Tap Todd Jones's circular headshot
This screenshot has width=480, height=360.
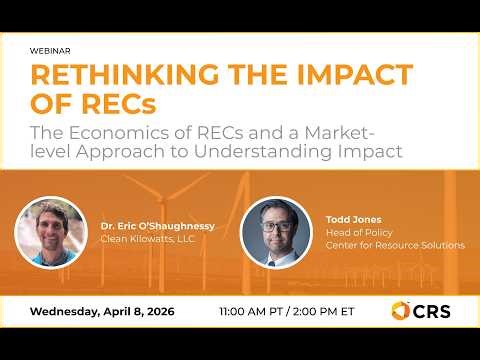(278, 231)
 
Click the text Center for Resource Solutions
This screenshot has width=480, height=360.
(394, 245)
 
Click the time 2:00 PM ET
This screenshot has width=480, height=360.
(326, 311)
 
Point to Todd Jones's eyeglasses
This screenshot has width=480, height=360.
(278, 221)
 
